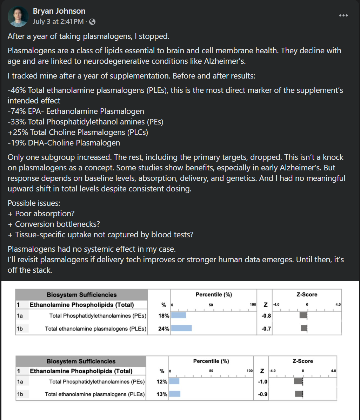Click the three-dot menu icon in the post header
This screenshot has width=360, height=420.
click(343, 15)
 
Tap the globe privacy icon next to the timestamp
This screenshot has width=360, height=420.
click(92, 22)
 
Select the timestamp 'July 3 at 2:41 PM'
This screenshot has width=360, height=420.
click(58, 21)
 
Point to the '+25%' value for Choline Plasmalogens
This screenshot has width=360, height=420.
click(18, 132)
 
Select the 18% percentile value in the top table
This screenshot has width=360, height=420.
click(164, 316)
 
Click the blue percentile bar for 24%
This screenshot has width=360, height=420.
click(181, 328)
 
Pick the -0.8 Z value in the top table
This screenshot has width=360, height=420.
click(266, 316)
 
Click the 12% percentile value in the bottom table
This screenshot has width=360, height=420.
click(162, 381)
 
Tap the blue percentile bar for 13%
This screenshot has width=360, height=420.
click(175, 394)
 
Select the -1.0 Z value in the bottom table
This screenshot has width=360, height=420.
click(263, 381)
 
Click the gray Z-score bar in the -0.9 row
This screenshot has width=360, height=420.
click(299, 394)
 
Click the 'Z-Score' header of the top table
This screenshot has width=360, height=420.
click(307, 294)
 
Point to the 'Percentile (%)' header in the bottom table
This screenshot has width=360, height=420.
click(211, 361)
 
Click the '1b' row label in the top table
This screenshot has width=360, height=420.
click(20, 328)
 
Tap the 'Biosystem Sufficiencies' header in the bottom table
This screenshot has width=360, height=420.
click(81, 361)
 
